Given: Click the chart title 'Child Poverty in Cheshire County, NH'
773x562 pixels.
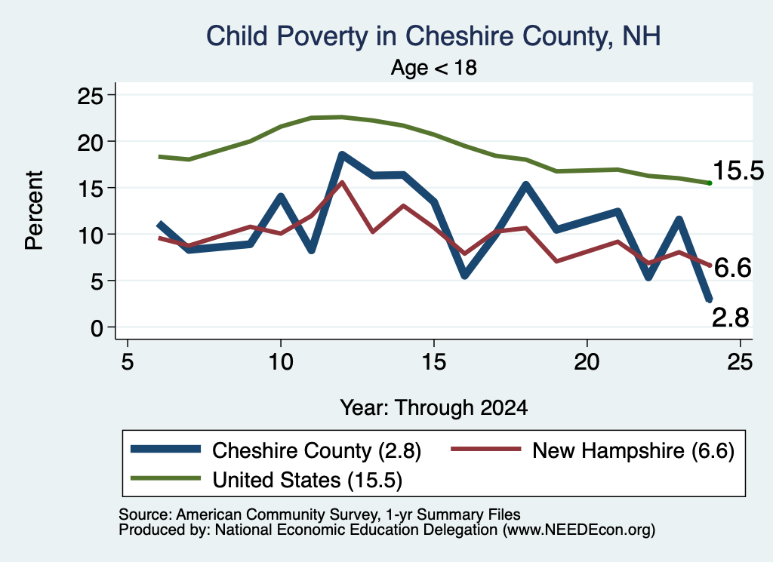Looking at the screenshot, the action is click(x=433, y=36).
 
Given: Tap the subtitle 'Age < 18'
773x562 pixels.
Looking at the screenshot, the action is click(x=434, y=67).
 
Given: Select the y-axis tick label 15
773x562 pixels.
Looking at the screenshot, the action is click(x=91, y=188).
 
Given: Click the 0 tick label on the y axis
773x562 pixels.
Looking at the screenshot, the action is click(x=97, y=327).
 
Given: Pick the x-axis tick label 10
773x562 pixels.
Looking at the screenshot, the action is click(x=281, y=362).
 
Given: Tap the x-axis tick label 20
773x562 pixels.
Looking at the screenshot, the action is click(x=587, y=362).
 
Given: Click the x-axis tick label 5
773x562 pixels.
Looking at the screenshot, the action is click(x=128, y=362).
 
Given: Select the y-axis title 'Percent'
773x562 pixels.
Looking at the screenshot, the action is click(x=34, y=210).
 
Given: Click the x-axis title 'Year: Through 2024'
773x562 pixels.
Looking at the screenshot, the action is click(x=434, y=408).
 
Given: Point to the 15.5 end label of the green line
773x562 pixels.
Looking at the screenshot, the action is click(x=738, y=171).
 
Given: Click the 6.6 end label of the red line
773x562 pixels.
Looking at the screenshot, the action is click(x=732, y=269).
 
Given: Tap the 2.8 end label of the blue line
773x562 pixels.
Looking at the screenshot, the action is click(x=731, y=318).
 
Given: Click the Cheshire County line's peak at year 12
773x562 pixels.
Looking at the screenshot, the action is click(x=342, y=155).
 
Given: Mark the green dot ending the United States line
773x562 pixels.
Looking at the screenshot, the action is click(x=710, y=183).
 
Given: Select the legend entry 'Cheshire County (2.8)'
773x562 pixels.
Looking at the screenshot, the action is click(x=276, y=450).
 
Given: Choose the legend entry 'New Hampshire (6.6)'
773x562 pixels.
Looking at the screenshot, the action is click(x=593, y=450).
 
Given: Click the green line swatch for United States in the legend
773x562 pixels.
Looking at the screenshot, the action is click(x=165, y=478).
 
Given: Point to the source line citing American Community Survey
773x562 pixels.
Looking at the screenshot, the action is click(x=319, y=514).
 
